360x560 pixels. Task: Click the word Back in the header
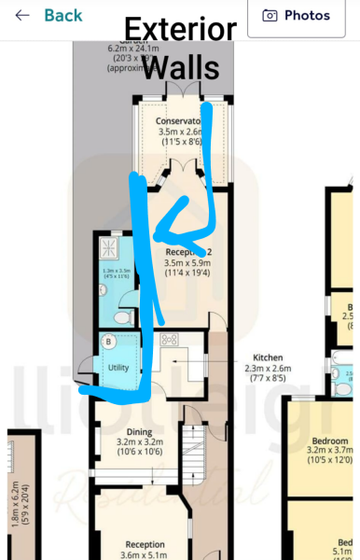62,16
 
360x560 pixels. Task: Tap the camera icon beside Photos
270,16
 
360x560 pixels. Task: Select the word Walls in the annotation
183,67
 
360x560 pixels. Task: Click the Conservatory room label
177,121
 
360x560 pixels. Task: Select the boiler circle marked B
109,343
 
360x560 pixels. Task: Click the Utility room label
118,368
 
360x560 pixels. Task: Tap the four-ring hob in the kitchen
173,341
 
